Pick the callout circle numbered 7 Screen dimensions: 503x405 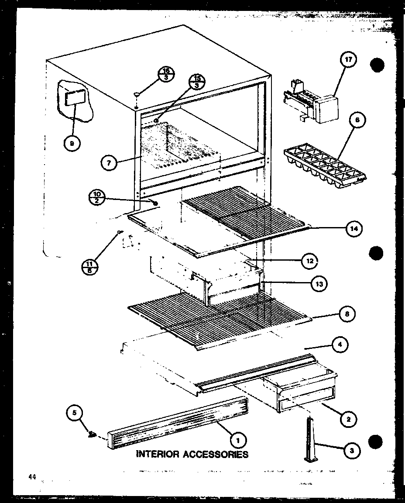tap(108, 164)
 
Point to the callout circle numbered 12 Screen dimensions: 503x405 tap(310, 261)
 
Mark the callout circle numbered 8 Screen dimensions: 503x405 tap(347, 314)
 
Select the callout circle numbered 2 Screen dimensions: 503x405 tap(348, 419)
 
